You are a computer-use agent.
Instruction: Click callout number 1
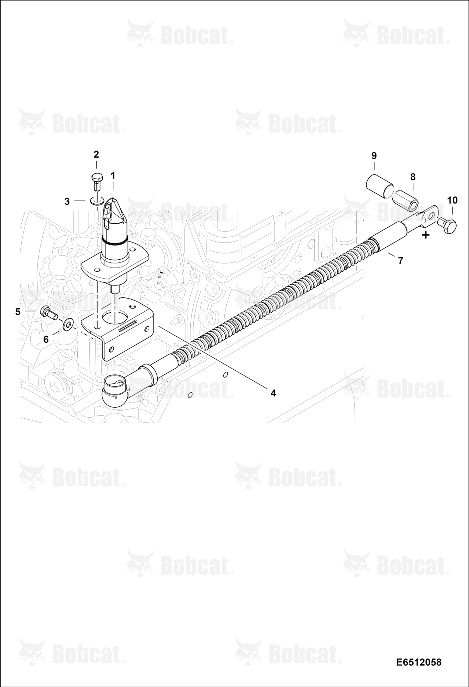[x=113, y=176]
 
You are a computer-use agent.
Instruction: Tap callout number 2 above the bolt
[x=96, y=154]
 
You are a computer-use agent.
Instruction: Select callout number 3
[x=67, y=201]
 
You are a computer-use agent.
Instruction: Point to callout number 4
[x=273, y=393]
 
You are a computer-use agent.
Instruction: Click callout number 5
[x=18, y=312]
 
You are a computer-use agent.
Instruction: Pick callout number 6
[x=46, y=339]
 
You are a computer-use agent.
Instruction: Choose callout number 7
[x=400, y=261]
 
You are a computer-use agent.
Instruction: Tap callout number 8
[x=413, y=177]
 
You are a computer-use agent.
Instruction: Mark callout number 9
[x=374, y=156]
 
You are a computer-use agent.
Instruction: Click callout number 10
[x=453, y=200]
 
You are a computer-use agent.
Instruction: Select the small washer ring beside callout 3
[x=97, y=200]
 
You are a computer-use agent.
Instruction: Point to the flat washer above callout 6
[x=68, y=323]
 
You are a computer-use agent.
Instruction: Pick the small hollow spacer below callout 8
[x=406, y=202]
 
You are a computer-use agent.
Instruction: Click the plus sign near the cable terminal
[x=426, y=235]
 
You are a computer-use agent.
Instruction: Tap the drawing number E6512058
[x=418, y=662]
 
